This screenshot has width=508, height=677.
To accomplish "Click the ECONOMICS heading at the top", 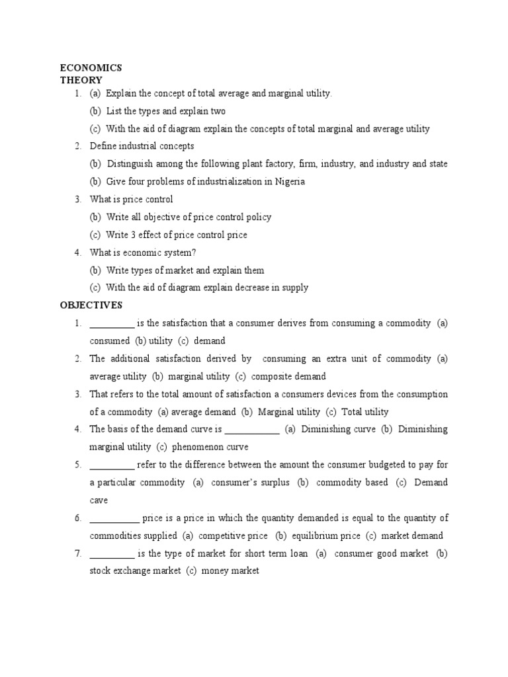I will pos(91,67).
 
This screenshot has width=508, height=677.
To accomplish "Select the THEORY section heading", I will pos(81,80).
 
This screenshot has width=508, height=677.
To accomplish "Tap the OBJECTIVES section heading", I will pos(91,305).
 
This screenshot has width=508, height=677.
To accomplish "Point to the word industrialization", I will pos(218,182).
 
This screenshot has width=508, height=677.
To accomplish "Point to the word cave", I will pos(99,500).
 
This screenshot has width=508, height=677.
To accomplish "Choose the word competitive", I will pos(222,536).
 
